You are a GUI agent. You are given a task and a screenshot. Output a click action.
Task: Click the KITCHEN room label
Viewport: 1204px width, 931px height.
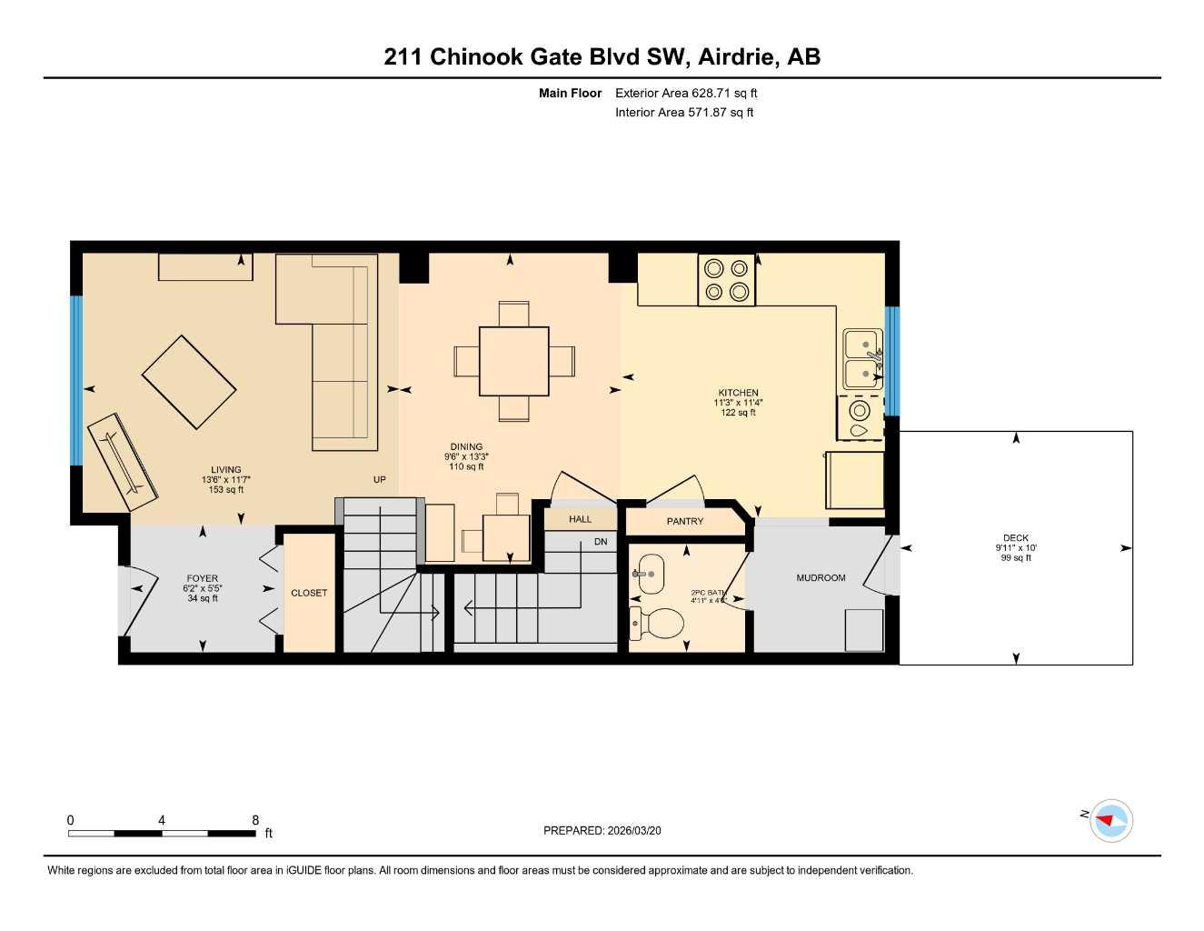(738, 393)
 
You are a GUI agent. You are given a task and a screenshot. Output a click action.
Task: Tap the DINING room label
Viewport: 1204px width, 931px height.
(466, 446)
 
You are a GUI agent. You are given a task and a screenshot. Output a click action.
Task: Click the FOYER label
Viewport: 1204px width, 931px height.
(202, 578)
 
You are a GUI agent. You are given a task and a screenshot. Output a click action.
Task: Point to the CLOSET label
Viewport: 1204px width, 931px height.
(309, 593)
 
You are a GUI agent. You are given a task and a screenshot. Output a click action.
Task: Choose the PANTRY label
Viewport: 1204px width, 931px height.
(685, 522)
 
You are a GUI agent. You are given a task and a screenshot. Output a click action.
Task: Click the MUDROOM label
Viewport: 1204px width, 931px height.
(821, 578)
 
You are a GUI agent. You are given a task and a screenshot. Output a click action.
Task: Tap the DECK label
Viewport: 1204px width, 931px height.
(1015, 538)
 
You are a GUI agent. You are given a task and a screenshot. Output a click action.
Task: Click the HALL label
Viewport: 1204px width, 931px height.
(580, 519)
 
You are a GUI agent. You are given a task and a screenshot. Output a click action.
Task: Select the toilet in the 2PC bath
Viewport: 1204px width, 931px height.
(658, 623)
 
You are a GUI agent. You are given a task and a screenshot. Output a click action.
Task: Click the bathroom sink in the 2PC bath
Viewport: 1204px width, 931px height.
(650, 575)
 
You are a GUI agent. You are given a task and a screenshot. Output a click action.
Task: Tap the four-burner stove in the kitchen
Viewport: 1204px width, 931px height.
(727, 280)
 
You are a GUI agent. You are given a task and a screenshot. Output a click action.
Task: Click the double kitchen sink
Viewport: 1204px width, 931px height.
(862, 359)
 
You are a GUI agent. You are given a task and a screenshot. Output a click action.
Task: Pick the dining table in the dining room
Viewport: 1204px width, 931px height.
(513, 361)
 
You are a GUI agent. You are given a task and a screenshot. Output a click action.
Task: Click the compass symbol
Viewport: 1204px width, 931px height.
(1110, 821)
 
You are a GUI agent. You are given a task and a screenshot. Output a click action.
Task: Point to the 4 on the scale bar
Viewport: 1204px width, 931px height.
(162, 820)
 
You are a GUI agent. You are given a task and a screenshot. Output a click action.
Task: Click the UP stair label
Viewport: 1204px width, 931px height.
(380, 479)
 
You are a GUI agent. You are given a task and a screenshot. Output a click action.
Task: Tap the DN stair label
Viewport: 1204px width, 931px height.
(601, 542)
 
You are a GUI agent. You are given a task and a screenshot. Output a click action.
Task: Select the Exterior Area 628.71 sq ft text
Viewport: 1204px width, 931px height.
(686, 93)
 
